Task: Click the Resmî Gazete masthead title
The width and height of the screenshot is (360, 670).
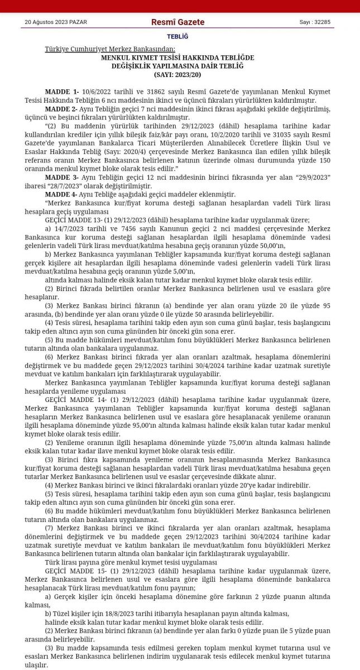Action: tap(177, 22)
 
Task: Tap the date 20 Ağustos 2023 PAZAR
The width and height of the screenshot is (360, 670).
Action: tap(56, 22)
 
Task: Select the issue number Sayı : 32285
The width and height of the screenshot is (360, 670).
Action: tap(315, 22)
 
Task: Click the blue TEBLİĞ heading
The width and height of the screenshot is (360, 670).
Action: tap(177, 37)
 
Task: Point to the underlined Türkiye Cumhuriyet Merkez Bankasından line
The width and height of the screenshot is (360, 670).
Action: tap(110, 49)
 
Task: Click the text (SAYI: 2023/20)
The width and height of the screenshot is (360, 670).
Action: tap(177, 74)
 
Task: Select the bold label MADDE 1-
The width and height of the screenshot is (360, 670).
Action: tap(62, 92)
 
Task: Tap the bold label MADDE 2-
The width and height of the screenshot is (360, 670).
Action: tap(61, 108)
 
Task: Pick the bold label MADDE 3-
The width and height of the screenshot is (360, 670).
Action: tap(61, 178)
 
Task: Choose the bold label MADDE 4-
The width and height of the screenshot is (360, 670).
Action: tap(61, 194)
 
